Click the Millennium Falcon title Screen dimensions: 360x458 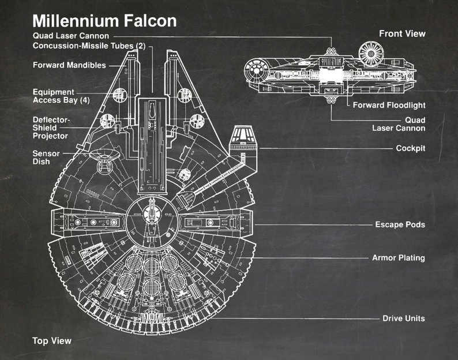(104, 21)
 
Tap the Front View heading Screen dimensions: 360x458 (402, 33)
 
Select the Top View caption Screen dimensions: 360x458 (52, 340)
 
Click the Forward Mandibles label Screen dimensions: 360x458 (69, 65)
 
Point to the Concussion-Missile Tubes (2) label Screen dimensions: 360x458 (89, 46)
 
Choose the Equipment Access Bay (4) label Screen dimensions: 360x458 (61, 96)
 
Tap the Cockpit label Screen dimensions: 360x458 (410, 148)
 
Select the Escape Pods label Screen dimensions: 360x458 (400, 224)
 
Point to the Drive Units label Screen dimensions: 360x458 (404, 318)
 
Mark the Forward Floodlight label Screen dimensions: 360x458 (389, 105)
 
